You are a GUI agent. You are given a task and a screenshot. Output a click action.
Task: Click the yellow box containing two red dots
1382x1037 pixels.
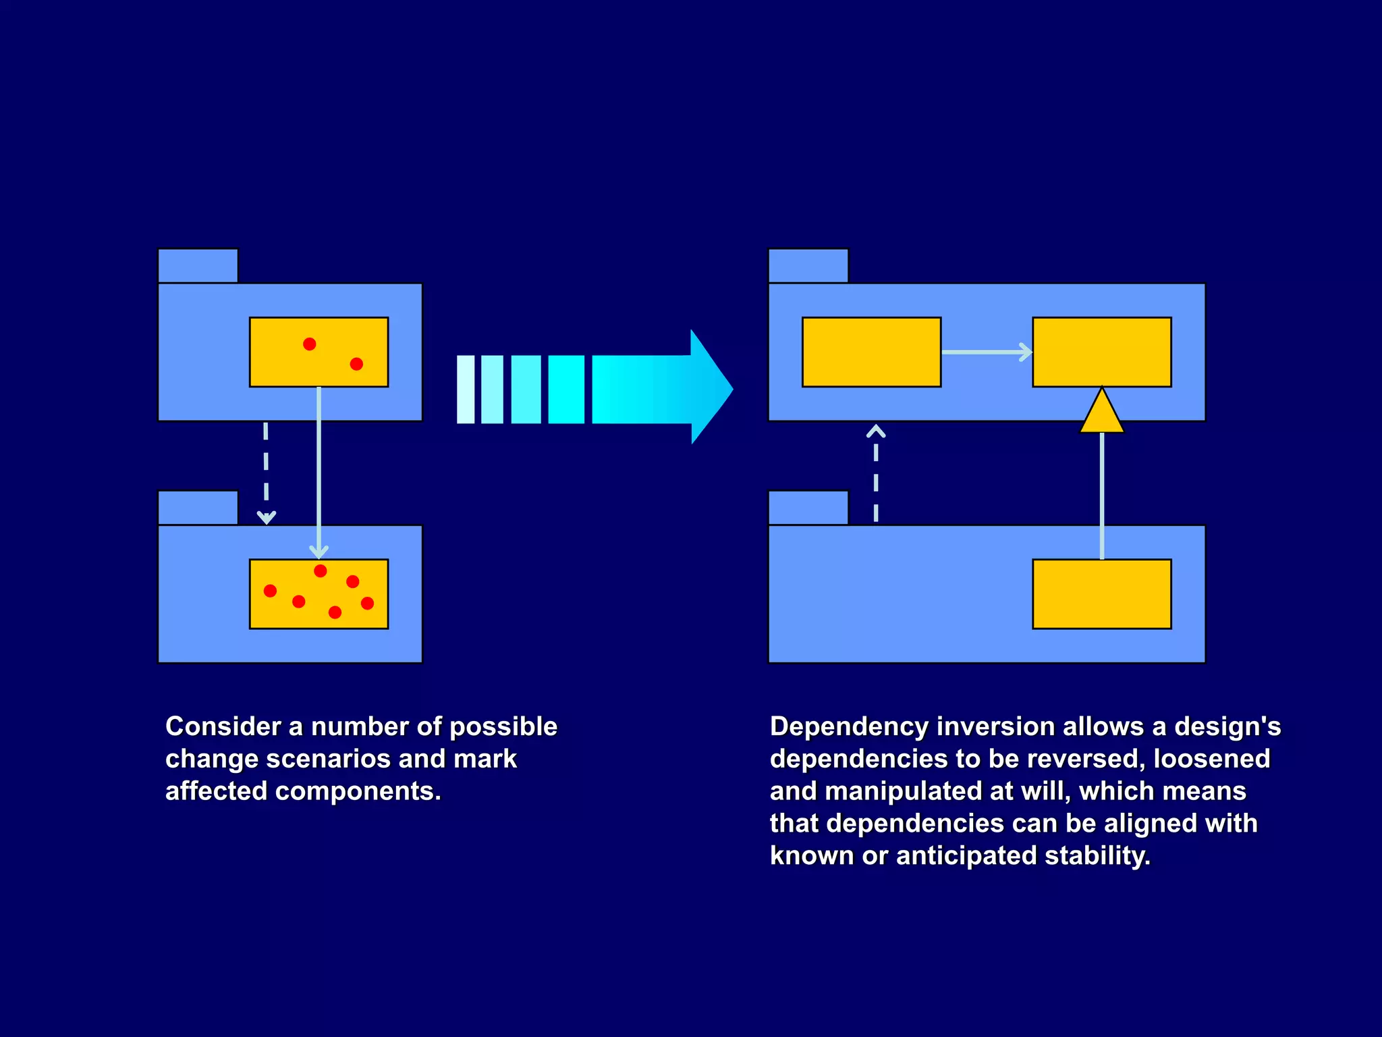click(x=319, y=352)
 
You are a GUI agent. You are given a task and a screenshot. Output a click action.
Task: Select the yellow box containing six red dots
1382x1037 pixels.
click(x=319, y=593)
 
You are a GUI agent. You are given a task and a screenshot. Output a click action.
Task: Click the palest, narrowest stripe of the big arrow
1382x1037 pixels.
click(x=466, y=390)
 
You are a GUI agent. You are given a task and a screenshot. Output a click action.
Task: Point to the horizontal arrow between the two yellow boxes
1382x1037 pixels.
click(x=987, y=352)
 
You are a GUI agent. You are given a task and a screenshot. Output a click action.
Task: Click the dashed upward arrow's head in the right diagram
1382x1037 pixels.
click(x=876, y=431)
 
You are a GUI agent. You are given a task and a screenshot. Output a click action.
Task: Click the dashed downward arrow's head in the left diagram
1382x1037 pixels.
click(x=267, y=517)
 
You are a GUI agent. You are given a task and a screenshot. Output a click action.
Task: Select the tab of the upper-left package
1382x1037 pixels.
click(x=198, y=265)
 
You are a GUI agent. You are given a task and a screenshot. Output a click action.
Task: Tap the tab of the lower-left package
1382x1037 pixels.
click(x=198, y=508)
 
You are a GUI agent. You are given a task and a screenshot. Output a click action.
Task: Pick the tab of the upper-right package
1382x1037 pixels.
click(x=808, y=265)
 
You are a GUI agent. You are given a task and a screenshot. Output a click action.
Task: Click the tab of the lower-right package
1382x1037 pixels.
click(x=808, y=508)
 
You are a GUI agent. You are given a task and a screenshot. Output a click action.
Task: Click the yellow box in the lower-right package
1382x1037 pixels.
click(x=1101, y=593)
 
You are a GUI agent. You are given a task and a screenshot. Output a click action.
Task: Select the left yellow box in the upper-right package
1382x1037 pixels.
click(x=871, y=352)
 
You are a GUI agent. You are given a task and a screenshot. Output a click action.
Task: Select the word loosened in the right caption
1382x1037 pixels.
click(x=1211, y=759)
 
